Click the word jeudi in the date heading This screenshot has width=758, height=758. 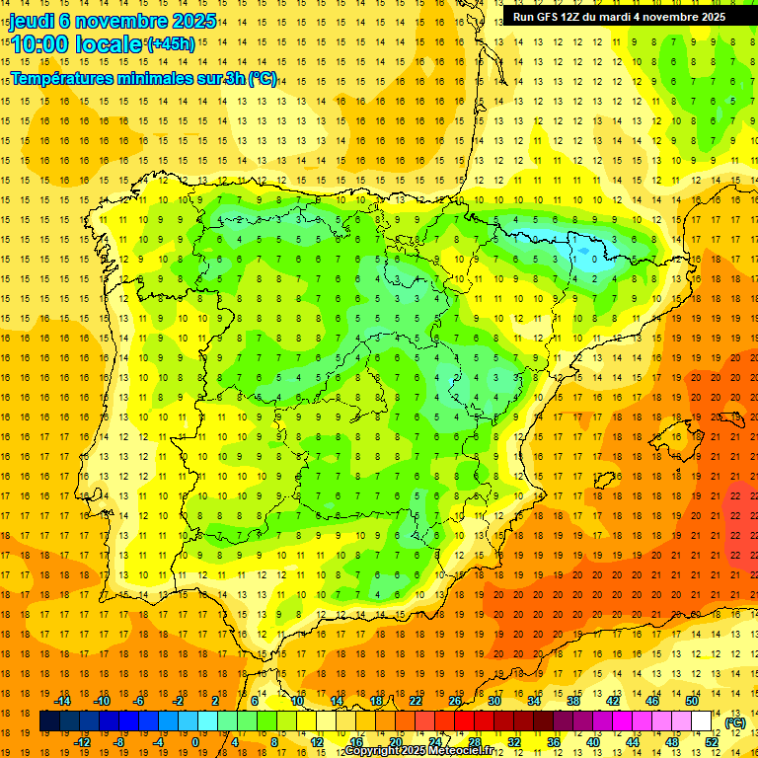coord(33,21)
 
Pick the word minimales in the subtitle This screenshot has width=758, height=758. coord(173,79)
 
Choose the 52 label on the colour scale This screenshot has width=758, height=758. coord(712,742)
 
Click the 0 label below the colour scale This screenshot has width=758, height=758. coord(195,742)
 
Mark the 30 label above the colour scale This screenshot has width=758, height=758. coord(494,701)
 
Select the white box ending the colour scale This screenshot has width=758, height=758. coord(701,721)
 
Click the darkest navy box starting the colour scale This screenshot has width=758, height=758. coord(49,721)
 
